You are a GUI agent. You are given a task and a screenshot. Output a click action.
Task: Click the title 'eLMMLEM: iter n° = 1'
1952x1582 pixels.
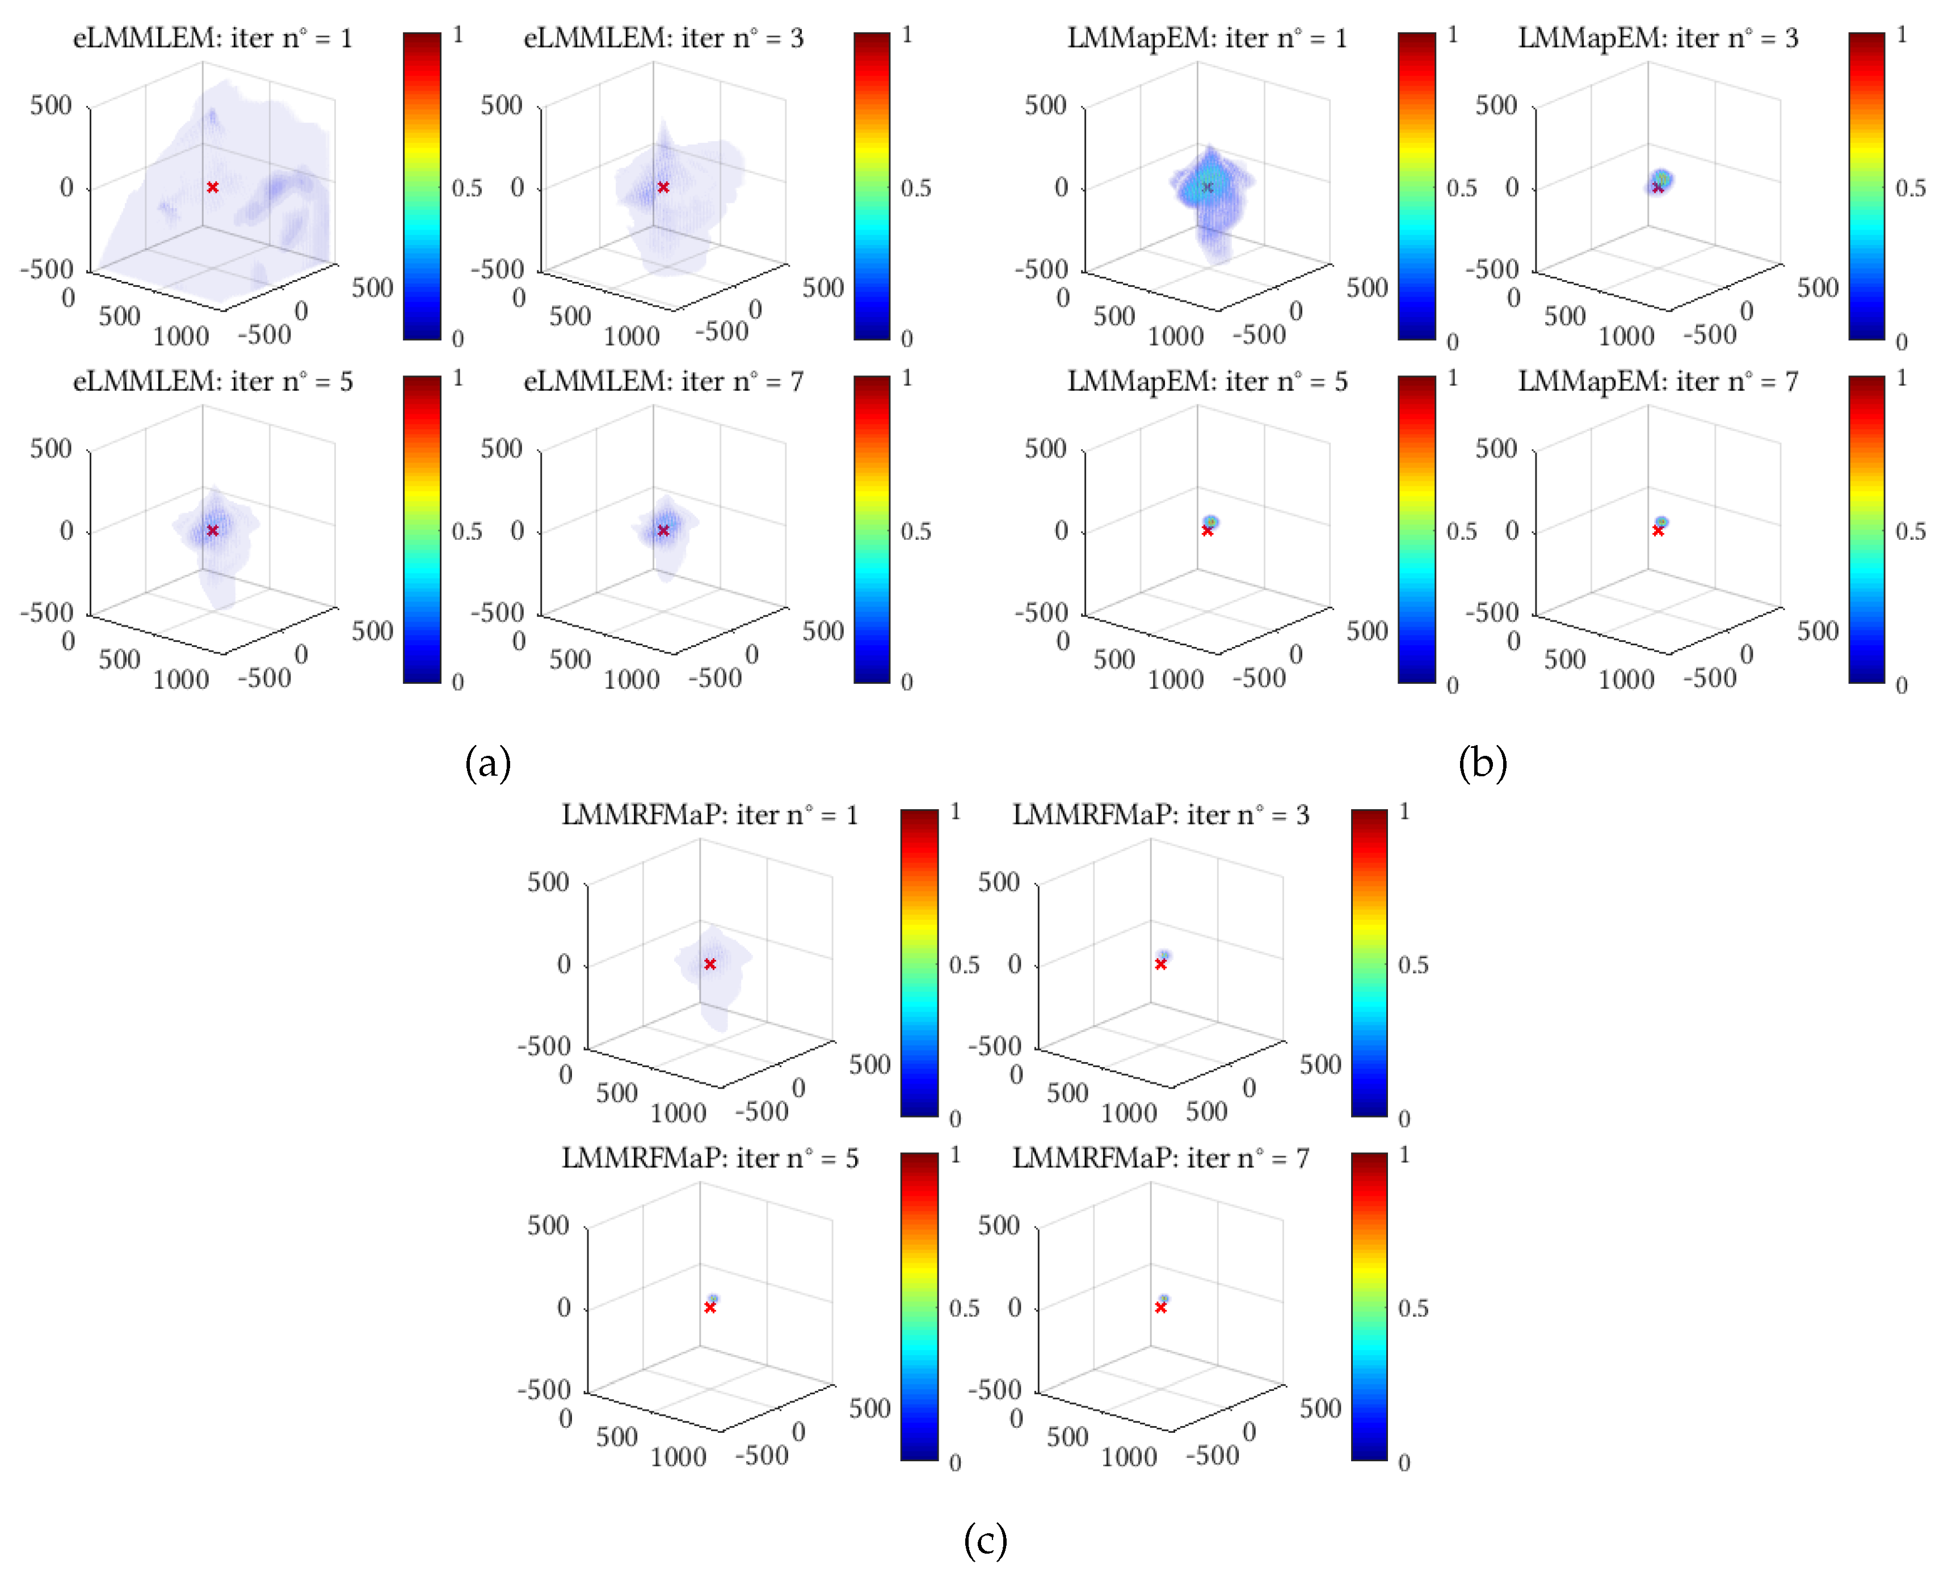point(212,39)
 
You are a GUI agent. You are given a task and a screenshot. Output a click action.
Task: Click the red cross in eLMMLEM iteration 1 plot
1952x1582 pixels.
point(212,187)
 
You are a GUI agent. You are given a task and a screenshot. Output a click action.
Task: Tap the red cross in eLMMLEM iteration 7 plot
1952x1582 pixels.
point(663,530)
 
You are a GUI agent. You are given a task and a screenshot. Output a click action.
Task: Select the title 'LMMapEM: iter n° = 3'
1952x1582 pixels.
point(1657,39)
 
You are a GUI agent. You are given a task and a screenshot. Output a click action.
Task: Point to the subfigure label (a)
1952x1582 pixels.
point(488,762)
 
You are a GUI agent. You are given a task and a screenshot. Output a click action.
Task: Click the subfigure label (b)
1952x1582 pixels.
point(1483,762)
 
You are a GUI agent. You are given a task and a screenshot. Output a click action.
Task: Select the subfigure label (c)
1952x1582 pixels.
point(985,1540)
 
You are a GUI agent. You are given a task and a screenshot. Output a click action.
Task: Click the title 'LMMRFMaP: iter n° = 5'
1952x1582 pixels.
point(709,1158)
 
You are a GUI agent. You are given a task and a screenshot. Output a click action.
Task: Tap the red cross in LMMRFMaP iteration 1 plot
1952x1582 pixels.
point(709,964)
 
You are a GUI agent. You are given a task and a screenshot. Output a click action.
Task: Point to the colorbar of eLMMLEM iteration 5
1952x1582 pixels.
point(422,528)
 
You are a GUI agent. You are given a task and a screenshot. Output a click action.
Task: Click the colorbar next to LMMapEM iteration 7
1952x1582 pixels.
point(1866,528)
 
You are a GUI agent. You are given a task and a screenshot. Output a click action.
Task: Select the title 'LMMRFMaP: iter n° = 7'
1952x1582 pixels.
point(1160,1158)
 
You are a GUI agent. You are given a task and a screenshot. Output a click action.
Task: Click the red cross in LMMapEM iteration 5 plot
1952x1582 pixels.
point(1207,530)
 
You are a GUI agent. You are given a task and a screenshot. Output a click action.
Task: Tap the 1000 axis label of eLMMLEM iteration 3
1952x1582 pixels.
point(631,336)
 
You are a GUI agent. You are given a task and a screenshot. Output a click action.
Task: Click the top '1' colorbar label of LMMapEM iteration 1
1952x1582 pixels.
point(1453,35)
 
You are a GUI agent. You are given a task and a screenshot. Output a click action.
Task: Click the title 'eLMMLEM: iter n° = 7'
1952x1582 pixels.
point(663,382)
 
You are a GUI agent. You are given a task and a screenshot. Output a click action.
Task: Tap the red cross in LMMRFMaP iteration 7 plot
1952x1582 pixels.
point(1160,1308)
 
